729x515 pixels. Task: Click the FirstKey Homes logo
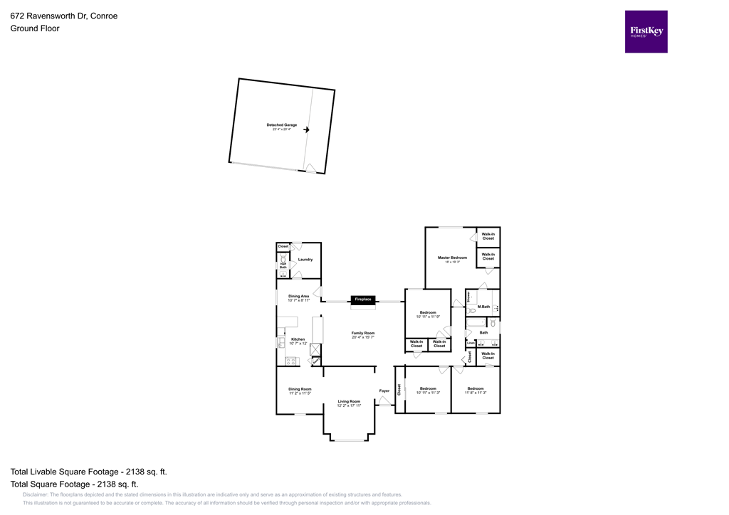[646, 31]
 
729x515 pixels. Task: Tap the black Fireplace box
[362, 299]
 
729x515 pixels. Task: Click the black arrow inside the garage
[307, 129]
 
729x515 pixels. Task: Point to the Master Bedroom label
[452, 257]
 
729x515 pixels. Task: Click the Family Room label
[362, 333]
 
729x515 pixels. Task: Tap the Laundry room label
[305, 260]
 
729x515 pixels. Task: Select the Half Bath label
[283, 265]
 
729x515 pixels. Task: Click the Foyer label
[384, 391]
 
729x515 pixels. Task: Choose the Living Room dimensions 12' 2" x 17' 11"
[349, 405]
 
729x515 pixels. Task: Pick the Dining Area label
[298, 296]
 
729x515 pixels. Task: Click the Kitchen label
[298, 339]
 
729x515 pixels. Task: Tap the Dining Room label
[300, 388]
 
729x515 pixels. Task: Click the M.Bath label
[483, 307]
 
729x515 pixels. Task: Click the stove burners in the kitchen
[291, 361]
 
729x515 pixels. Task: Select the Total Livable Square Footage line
[88, 472]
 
